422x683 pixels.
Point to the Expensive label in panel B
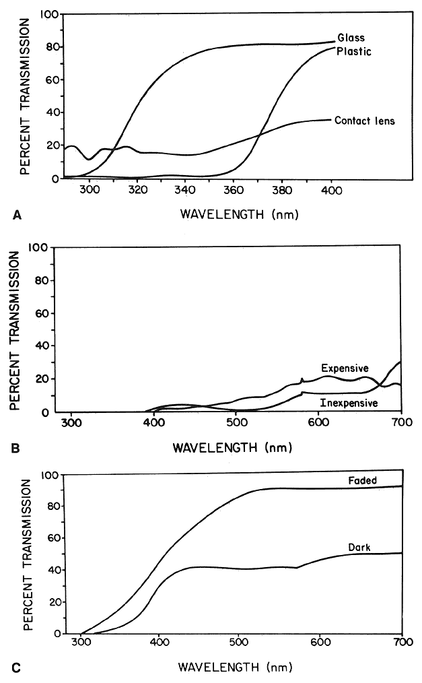(345, 368)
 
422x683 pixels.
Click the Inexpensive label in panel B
(349, 403)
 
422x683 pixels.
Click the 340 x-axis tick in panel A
(185, 191)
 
